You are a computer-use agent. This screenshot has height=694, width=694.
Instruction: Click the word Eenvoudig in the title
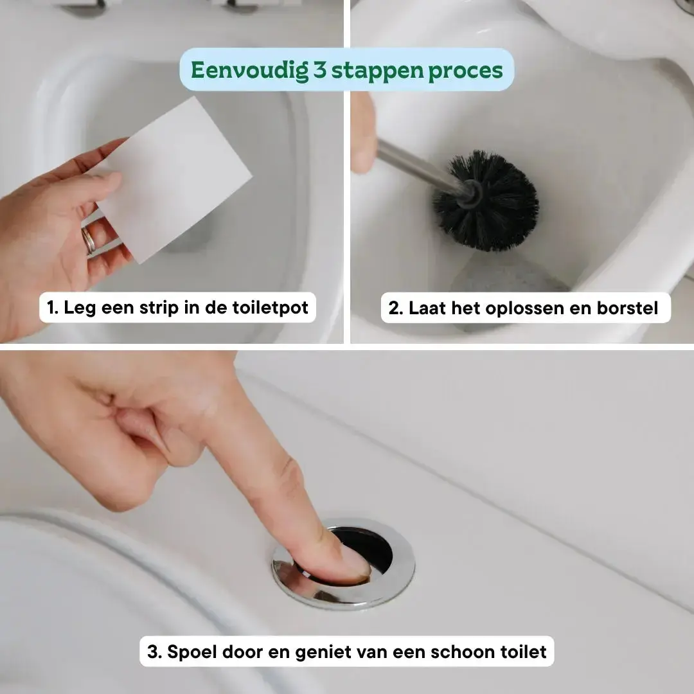point(249,71)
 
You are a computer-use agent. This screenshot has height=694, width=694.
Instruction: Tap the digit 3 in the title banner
point(319,70)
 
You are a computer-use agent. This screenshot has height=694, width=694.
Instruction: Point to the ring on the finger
point(88,240)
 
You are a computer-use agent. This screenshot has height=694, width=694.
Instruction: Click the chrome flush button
point(343,564)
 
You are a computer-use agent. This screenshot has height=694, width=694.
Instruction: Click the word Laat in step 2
point(427,308)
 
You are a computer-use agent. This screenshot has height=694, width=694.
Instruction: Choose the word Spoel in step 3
point(191,652)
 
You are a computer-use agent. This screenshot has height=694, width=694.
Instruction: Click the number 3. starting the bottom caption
point(154,652)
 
